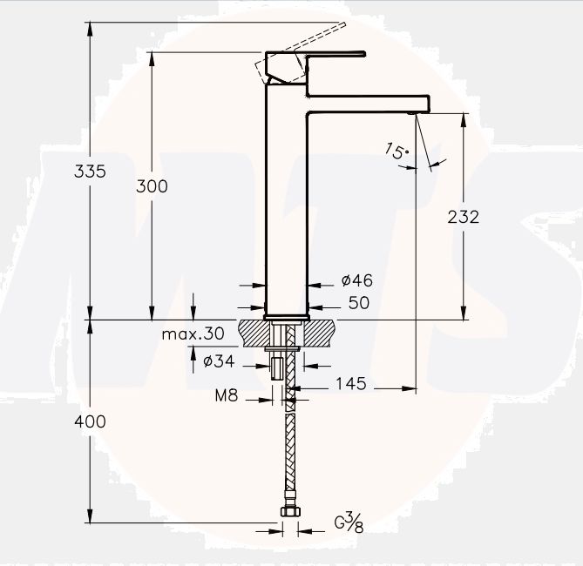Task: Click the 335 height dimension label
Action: tap(90, 172)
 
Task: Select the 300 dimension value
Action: tap(152, 186)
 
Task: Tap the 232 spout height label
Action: tap(464, 217)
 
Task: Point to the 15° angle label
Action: tap(397, 151)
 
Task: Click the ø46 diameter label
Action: tap(357, 280)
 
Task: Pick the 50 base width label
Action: tap(359, 303)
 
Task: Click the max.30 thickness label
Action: tap(193, 334)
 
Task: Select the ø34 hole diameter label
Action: tap(219, 360)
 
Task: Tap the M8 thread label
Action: tap(227, 395)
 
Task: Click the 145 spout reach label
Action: tap(351, 383)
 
